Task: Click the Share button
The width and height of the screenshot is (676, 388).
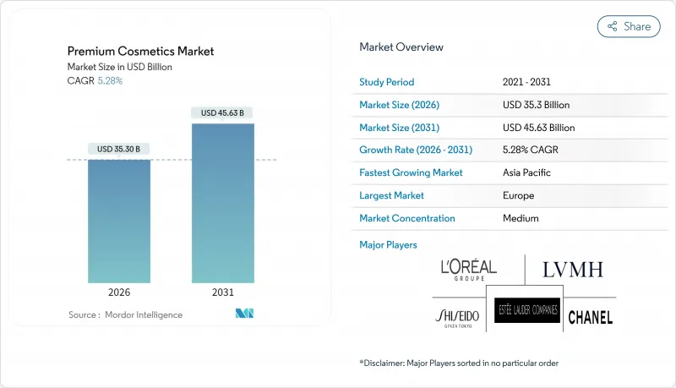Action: coord(629,26)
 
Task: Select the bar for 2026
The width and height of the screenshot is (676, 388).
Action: coord(119,221)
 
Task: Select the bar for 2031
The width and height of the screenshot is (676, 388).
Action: coord(222,203)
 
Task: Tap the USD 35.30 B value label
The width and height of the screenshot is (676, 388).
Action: coord(119,149)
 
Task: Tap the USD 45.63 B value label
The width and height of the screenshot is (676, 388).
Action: coord(222,112)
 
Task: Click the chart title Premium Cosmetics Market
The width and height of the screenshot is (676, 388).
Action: coord(140,52)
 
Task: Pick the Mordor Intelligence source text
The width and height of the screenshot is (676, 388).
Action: coord(125,314)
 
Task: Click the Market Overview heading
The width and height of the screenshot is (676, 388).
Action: coord(401,47)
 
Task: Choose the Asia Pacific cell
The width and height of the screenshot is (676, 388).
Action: coord(526,172)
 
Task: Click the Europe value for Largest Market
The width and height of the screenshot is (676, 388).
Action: coord(517,195)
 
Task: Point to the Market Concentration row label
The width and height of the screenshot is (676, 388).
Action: coord(407,218)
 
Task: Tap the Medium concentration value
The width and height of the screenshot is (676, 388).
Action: coord(519,218)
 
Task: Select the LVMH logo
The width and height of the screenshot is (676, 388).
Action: coord(572,271)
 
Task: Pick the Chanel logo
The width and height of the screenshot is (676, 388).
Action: coord(590,318)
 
